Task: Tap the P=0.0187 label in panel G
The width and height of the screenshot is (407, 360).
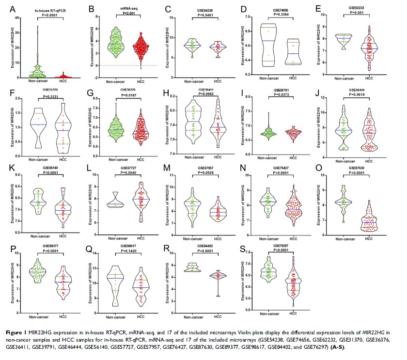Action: coord(127,96)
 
